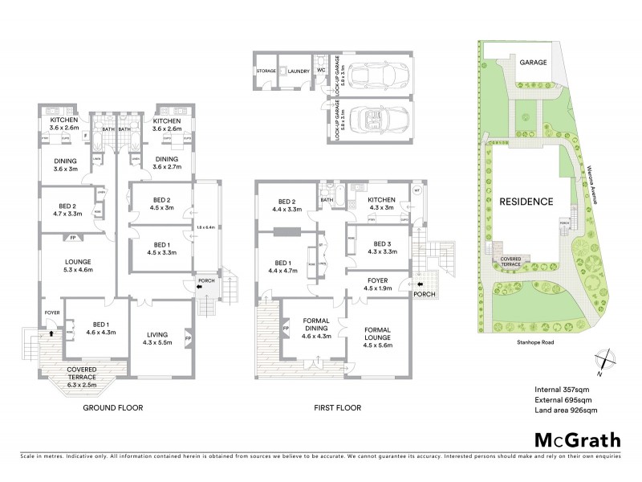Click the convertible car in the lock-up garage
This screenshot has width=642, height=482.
376,120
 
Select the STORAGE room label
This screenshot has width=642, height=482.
266,71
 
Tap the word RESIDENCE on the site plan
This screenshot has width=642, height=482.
526,202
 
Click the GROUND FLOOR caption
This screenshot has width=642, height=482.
113,408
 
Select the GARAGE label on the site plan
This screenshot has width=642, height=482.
532,62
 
